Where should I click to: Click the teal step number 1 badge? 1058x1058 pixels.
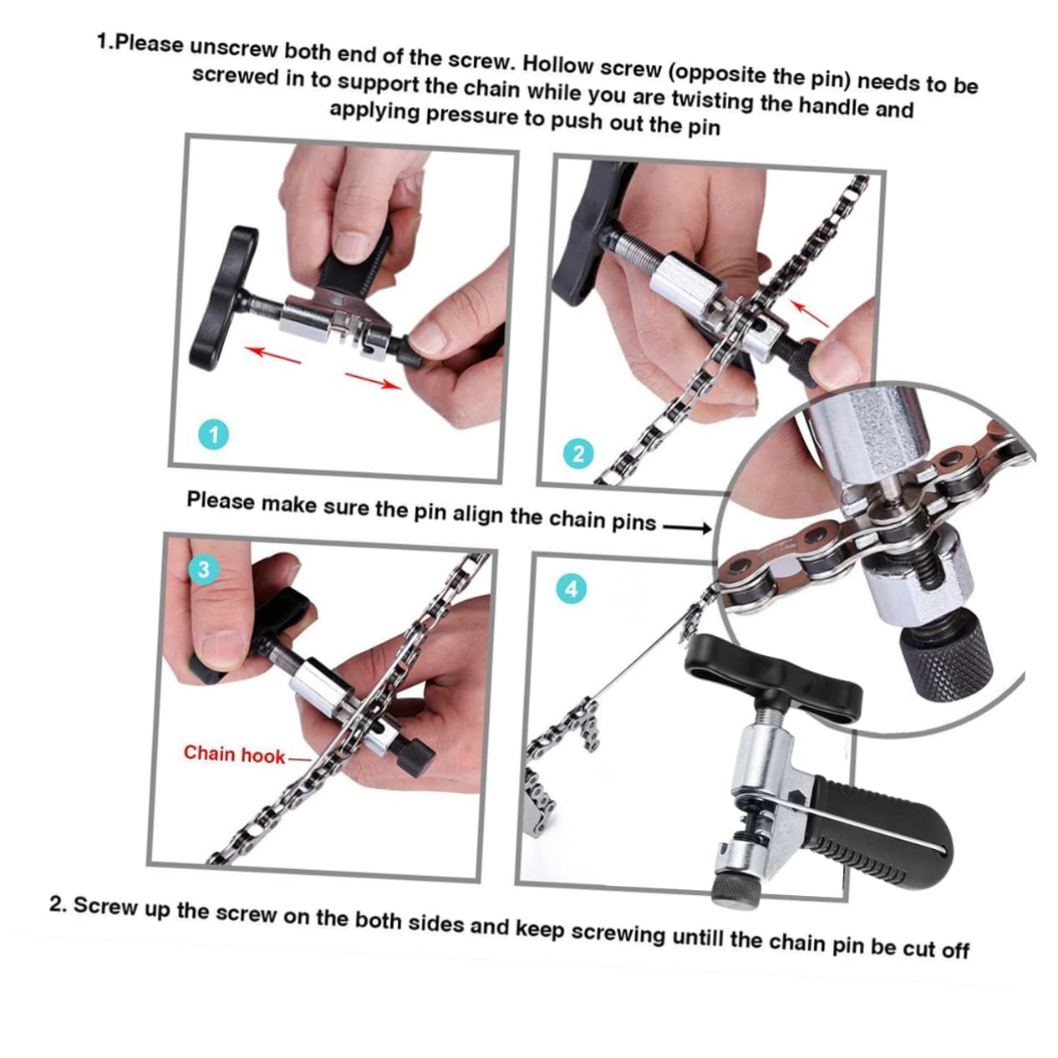214,435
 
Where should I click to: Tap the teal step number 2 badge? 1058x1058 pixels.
578,454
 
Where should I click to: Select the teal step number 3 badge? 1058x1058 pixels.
203,570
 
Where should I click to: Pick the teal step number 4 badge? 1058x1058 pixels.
571,588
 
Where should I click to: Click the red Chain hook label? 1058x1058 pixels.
234,754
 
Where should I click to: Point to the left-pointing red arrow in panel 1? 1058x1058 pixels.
272,354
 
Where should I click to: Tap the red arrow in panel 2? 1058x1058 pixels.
810,314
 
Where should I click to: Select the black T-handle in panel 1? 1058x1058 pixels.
216,299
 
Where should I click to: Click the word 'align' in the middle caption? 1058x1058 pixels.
480,513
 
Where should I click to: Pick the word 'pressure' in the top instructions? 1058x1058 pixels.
472,115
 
